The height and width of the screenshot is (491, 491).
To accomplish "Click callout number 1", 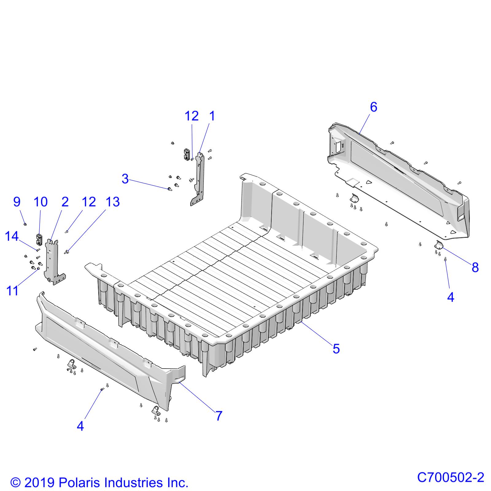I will pos(212,116).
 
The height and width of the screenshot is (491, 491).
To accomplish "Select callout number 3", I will pos(125,179).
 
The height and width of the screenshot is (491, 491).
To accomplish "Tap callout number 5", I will pos(336,349).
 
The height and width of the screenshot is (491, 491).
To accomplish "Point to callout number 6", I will pos(373,107).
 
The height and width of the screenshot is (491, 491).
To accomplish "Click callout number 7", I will pos(218,416).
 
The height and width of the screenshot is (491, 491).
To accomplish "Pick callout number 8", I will pos(475,268).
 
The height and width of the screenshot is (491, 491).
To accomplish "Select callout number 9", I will pos(17,202).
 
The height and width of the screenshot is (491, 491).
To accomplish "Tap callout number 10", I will pos(41,202).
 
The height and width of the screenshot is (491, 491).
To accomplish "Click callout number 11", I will pos(13,291).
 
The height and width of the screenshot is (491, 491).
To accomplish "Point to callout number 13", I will pos(113,202).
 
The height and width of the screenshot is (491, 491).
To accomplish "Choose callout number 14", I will pos(12,237).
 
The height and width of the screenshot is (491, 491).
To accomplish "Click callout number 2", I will pos(65,202).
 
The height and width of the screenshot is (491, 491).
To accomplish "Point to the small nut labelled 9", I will pos(25,224).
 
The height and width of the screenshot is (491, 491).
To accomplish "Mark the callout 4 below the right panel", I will pos(450,297).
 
